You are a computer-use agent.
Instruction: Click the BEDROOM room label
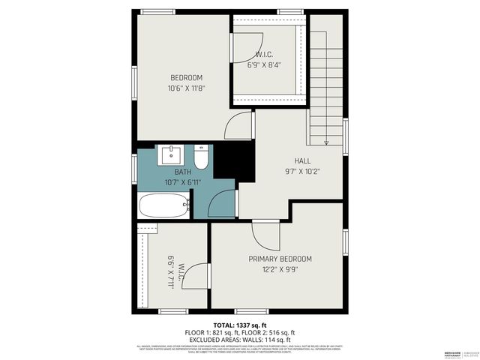pyautogui.click(x=186, y=78)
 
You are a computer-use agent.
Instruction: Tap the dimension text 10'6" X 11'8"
pyautogui.click(x=186, y=88)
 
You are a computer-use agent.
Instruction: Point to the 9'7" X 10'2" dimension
pyautogui.click(x=302, y=171)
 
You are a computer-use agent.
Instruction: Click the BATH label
pyautogui.click(x=173, y=172)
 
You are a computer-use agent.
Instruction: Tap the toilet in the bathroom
pyautogui.click(x=201, y=158)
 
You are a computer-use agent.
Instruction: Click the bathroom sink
pyautogui.click(x=170, y=156)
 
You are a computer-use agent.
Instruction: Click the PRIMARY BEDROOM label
pyautogui.click(x=280, y=259)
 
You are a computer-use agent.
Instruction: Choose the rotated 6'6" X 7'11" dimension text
pyautogui.click(x=171, y=272)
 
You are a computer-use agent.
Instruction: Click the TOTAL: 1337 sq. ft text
pyautogui.click(x=240, y=325)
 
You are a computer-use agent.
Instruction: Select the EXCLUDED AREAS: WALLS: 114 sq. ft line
pyautogui.click(x=240, y=339)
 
